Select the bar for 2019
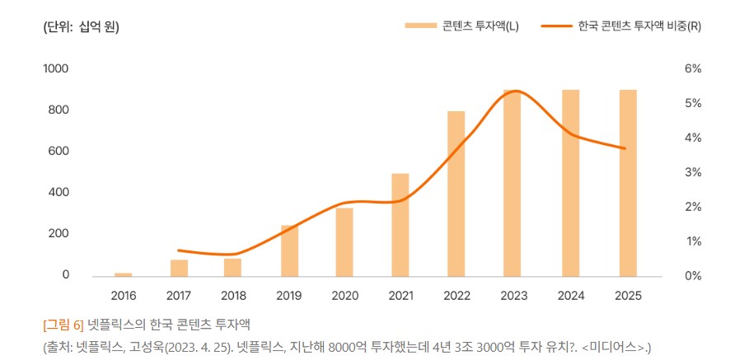[x=289, y=250]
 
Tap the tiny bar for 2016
[x=123, y=274]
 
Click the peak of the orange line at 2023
[x=513, y=91]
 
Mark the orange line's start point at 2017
[x=179, y=250]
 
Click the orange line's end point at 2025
[x=626, y=148]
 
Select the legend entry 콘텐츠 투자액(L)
[x=461, y=26]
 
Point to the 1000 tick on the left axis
[x=56, y=68]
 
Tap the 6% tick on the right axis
[x=692, y=68]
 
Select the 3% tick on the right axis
[x=692, y=172]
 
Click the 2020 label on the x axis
[x=344, y=295]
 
